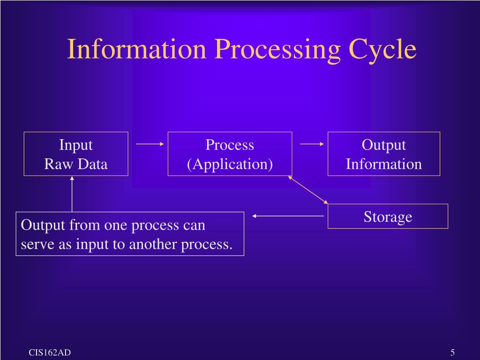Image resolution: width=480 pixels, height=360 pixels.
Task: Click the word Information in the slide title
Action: tap(136, 50)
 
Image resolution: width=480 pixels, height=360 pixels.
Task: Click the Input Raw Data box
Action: tap(76, 154)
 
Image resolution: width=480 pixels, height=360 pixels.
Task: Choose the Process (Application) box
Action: tap(230, 154)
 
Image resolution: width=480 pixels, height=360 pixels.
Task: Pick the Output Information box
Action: tap(383, 154)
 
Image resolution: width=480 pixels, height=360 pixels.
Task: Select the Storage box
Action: tap(388, 217)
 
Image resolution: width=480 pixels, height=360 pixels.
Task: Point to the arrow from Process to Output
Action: tap(312, 144)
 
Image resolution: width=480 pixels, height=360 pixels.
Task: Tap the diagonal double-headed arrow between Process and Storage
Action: tap(308, 190)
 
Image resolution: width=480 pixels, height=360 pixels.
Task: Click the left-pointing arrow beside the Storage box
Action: tap(288, 216)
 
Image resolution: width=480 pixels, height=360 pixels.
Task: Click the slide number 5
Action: tap(453, 353)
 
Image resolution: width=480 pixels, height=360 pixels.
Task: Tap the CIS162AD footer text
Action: tap(50, 353)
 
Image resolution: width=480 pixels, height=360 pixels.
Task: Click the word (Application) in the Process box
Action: tap(230, 164)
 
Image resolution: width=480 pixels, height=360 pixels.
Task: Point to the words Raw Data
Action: tap(76, 164)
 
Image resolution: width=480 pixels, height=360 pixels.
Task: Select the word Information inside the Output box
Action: tap(383, 164)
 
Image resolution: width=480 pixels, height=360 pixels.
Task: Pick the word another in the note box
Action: tap(154, 245)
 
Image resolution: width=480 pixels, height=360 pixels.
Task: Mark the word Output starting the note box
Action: tap(43, 225)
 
